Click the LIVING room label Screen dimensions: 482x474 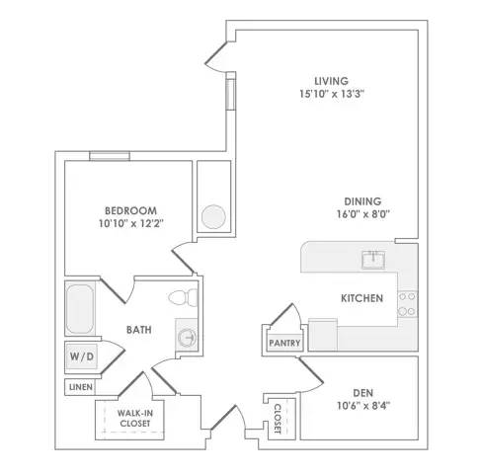click(x=331, y=81)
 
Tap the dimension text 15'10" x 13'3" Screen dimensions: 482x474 click(x=332, y=94)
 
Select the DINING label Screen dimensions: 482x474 click(x=362, y=201)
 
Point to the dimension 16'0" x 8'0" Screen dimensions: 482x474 click(x=362, y=214)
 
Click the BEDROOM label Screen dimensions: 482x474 click(x=130, y=210)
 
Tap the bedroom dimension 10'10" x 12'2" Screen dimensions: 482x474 click(x=131, y=224)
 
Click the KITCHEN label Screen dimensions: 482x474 click(x=361, y=298)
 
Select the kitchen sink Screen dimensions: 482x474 click(x=373, y=260)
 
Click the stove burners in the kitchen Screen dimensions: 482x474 click(x=408, y=304)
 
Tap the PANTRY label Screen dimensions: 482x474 click(x=284, y=343)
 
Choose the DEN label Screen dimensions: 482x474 click(x=362, y=393)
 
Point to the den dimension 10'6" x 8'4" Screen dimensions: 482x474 click(x=363, y=406)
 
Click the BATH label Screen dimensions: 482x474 click(x=139, y=330)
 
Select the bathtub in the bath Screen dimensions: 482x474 click(x=80, y=309)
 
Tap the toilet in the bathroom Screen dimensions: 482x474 click(x=183, y=297)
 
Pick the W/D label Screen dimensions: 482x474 click(x=82, y=356)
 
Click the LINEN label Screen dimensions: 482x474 click(x=81, y=387)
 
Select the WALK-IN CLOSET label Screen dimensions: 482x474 click(x=135, y=418)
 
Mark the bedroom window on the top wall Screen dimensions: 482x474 click(x=110, y=156)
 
